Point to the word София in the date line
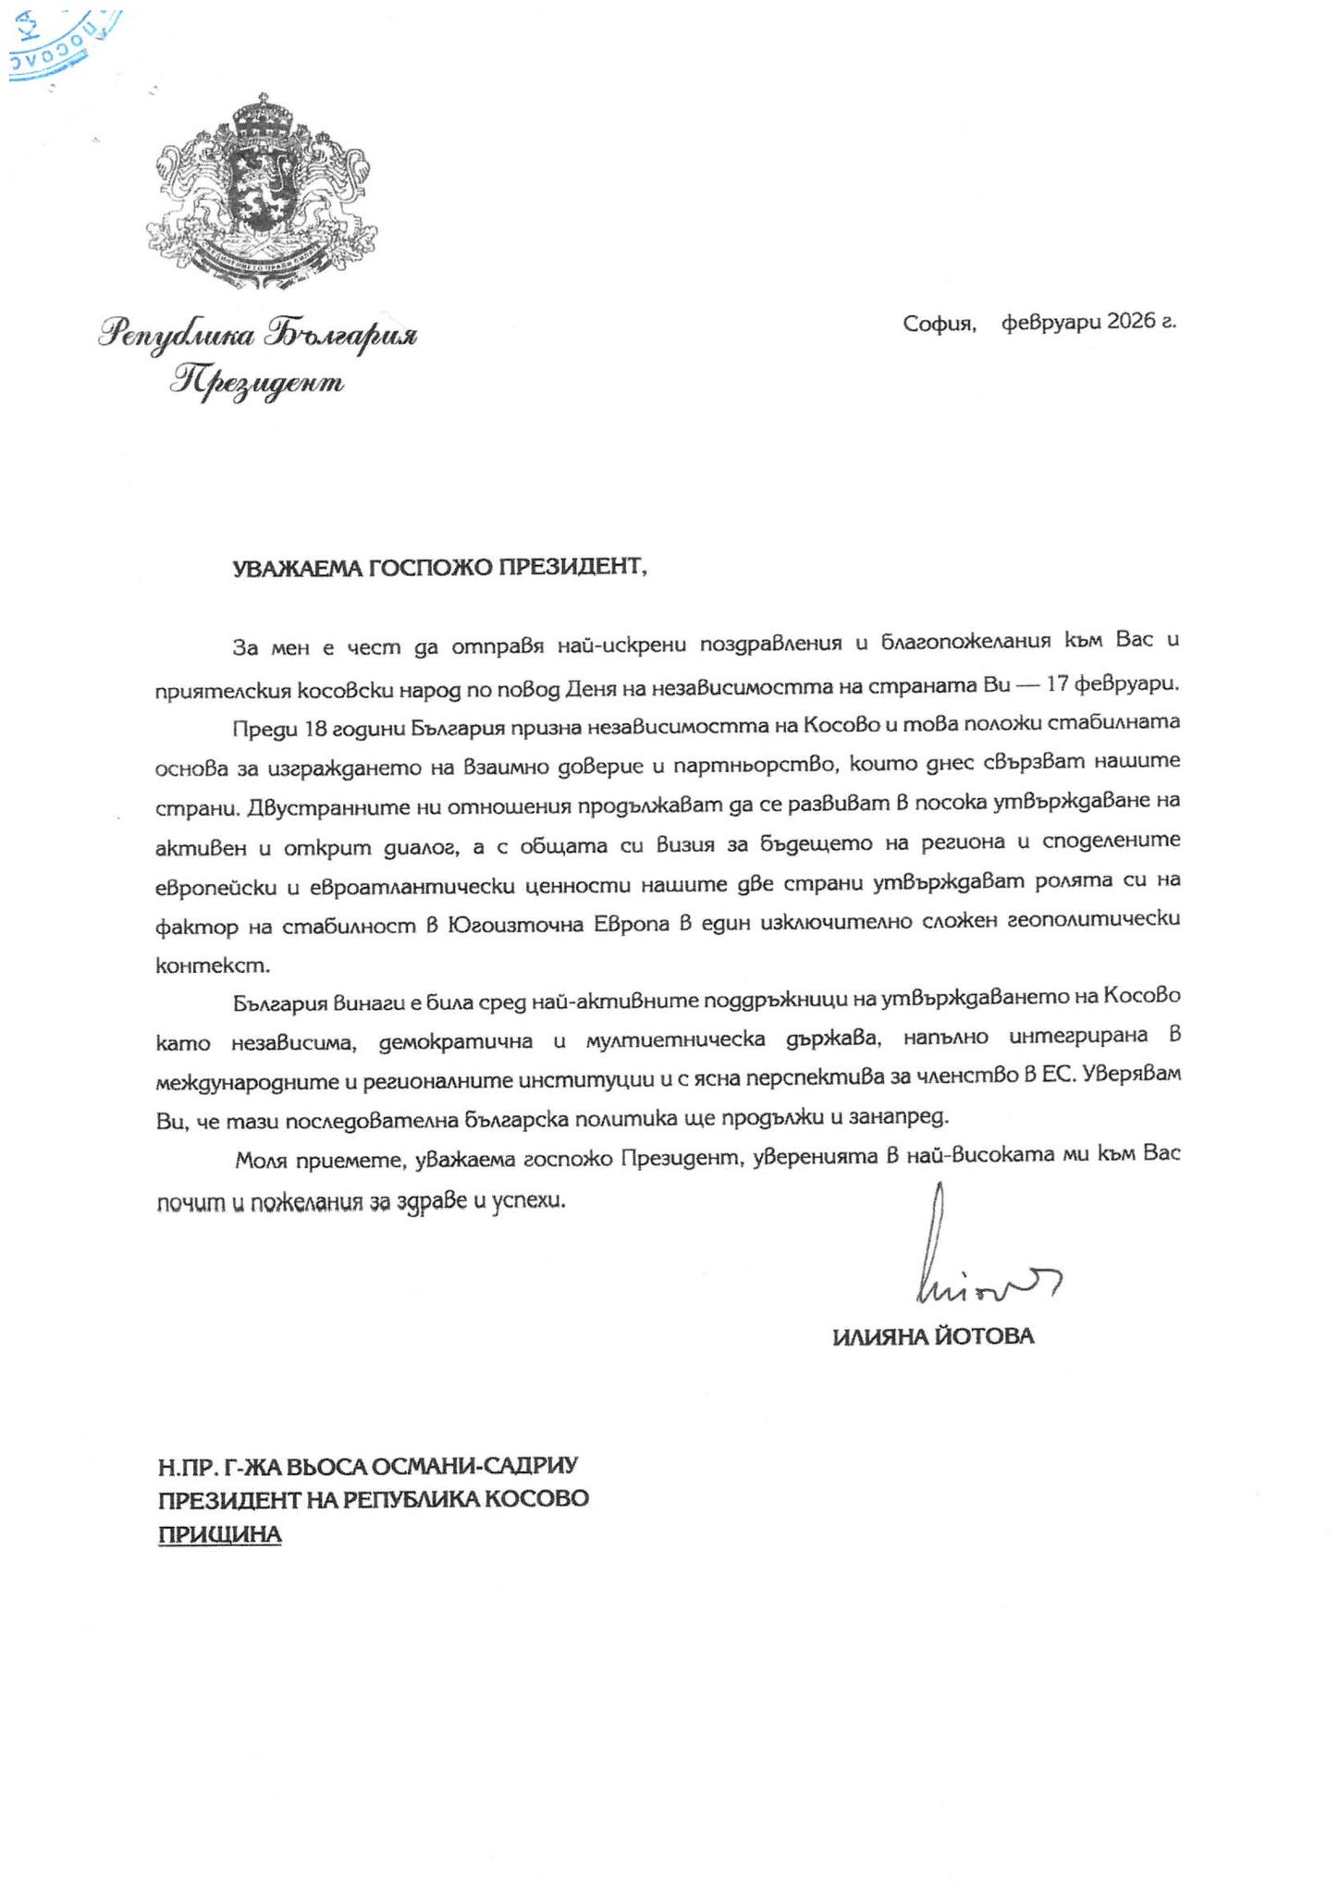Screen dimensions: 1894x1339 (x=940, y=324)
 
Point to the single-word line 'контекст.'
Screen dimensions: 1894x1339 (x=214, y=966)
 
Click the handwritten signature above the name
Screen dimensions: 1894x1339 (x=971, y=1258)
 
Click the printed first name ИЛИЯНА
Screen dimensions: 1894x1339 (x=878, y=1336)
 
